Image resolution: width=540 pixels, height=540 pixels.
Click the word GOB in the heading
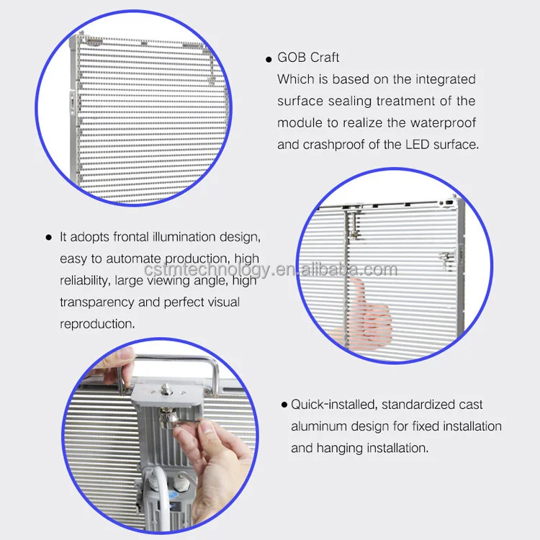[292, 58]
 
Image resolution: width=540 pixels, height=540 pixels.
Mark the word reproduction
[97, 324]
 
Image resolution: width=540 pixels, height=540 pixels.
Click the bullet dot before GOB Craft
[269, 58]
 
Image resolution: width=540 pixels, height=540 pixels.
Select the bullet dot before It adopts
[49, 237]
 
